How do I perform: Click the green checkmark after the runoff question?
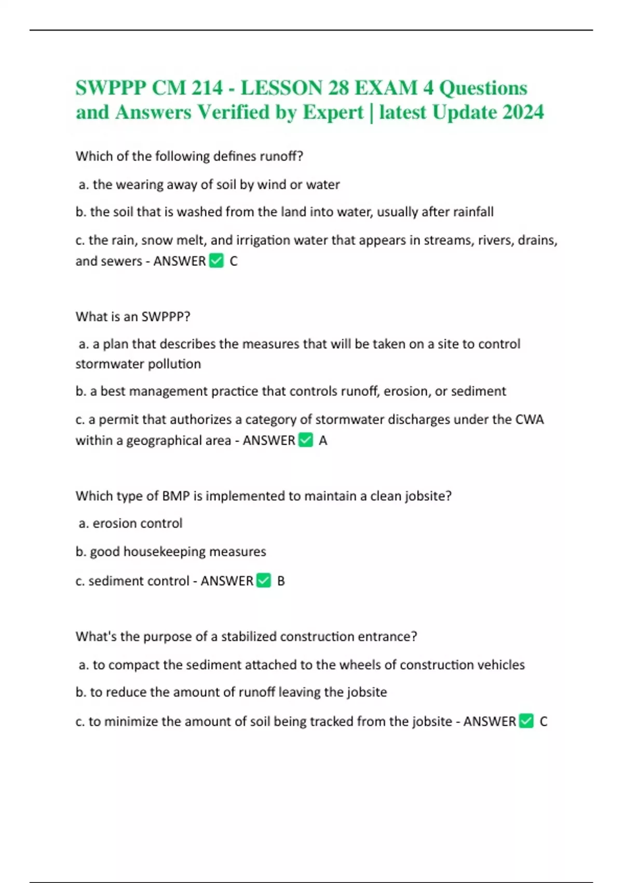(x=216, y=261)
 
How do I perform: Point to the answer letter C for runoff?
(x=234, y=261)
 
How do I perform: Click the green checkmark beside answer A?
(x=306, y=440)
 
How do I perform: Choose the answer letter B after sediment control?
(x=281, y=581)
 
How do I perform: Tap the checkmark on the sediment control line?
(x=264, y=581)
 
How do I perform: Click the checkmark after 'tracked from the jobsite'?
(x=526, y=721)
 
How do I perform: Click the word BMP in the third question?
(x=175, y=496)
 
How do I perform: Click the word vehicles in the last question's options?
(x=500, y=665)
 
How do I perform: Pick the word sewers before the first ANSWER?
(x=123, y=261)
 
